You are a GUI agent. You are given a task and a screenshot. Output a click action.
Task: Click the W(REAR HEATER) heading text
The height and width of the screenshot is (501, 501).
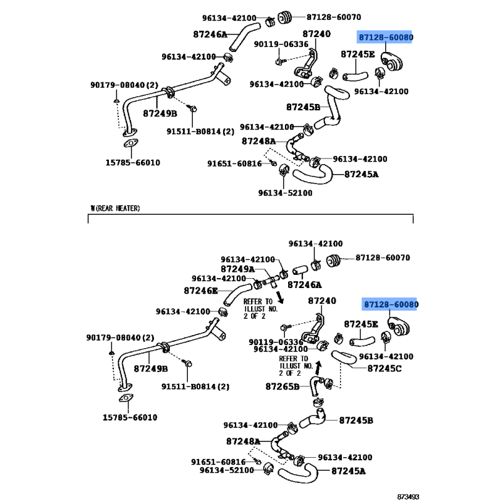pyautogui.click(x=115, y=209)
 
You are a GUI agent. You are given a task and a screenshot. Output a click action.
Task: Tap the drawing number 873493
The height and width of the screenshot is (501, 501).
pyautogui.click(x=408, y=497)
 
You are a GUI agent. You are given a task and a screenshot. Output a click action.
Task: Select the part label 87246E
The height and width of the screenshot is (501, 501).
pyautogui.click(x=200, y=291)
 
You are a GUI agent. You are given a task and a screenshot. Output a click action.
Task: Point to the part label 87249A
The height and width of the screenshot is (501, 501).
pyautogui.click(x=237, y=269)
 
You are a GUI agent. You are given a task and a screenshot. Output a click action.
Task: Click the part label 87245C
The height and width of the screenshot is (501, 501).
pyautogui.click(x=385, y=368)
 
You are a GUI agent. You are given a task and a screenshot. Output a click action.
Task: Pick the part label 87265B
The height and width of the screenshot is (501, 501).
pyautogui.click(x=282, y=386)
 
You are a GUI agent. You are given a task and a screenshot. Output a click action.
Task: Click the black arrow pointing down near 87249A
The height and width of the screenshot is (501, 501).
pyautogui.click(x=280, y=296)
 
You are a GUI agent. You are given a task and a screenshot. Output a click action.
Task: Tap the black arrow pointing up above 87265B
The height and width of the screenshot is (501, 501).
pyautogui.click(x=318, y=368)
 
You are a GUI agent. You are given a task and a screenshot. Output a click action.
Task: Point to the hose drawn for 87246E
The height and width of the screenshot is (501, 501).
pyautogui.click(x=237, y=294)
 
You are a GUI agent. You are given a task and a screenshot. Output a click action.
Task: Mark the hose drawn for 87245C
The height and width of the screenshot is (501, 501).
pyautogui.click(x=344, y=357)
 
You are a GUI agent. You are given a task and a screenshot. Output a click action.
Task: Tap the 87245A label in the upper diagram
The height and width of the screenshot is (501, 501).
pyautogui.click(x=361, y=175)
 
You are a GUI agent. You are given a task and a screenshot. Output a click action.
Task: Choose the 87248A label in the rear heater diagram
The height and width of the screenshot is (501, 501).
pyautogui.click(x=243, y=442)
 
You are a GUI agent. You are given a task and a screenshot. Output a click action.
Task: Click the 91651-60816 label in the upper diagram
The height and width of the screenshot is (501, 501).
pyautogui.click(x=234, y=163)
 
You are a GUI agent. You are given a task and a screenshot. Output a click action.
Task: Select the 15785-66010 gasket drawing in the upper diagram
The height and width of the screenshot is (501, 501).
pyautogui.click(x=131, y=143)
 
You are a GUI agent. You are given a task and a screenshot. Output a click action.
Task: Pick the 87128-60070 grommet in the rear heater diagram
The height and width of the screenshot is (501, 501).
pyautogui.click(x=334, y=261)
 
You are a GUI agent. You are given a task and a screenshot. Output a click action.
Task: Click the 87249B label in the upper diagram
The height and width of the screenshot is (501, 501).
pyautogui.click(x=160, y=113)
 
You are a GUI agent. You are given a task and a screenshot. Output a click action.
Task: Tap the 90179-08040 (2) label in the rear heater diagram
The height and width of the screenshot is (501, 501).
pyautogui.click(x=120, y=338)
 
